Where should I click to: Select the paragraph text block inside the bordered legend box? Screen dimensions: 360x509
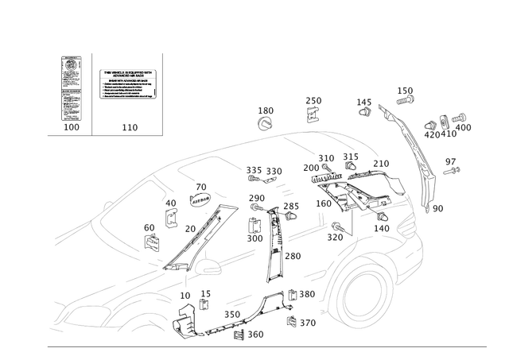coord(128,83)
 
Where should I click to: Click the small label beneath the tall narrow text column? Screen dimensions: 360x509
coord(70,126)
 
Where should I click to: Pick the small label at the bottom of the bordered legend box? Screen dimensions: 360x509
coord(128,126)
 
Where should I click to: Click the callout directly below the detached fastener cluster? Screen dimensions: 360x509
coord(452,165)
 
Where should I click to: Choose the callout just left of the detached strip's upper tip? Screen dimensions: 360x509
coord(364,105)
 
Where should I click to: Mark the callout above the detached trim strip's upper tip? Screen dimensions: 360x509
coord(406,95)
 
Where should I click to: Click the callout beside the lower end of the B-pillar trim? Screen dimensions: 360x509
coord(293,256)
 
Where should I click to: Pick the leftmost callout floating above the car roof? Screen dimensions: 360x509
coord(266,116)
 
